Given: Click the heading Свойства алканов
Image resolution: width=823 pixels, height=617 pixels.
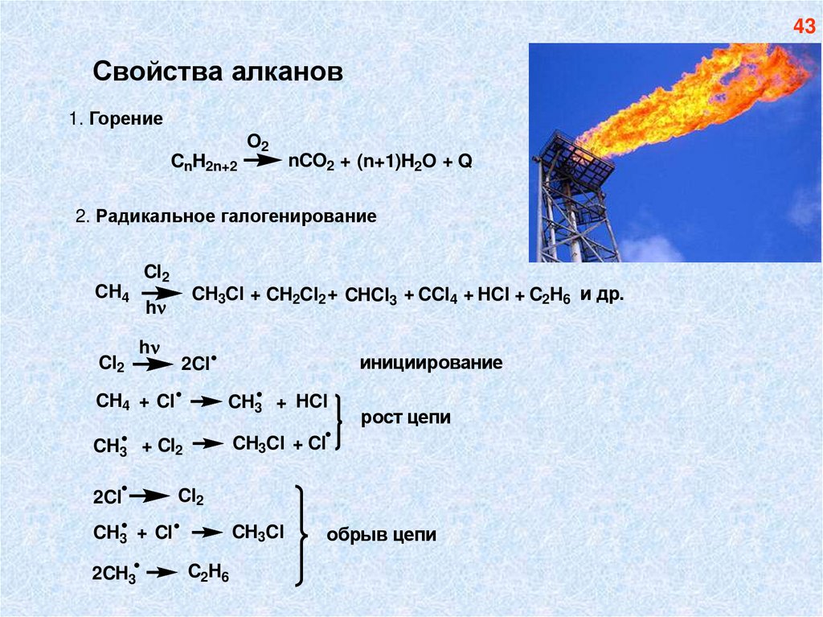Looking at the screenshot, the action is [218, 72].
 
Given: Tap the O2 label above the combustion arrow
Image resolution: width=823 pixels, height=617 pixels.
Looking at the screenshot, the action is [257, 142].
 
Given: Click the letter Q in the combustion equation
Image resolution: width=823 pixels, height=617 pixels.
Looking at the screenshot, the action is [465, 161].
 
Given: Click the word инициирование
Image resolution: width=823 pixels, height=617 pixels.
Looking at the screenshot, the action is [431, 364].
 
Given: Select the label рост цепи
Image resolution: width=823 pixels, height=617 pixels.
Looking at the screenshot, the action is [406, 419].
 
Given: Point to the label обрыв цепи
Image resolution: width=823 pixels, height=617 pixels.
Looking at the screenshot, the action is [382, 535].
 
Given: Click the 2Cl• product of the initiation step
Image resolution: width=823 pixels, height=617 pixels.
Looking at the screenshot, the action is [199, 364].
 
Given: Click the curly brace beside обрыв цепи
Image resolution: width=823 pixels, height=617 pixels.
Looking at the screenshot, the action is [301, 535].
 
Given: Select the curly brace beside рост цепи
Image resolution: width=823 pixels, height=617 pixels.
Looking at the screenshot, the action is [340, 420].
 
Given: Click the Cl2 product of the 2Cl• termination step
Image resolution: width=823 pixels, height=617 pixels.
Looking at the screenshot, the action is [190, 497].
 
